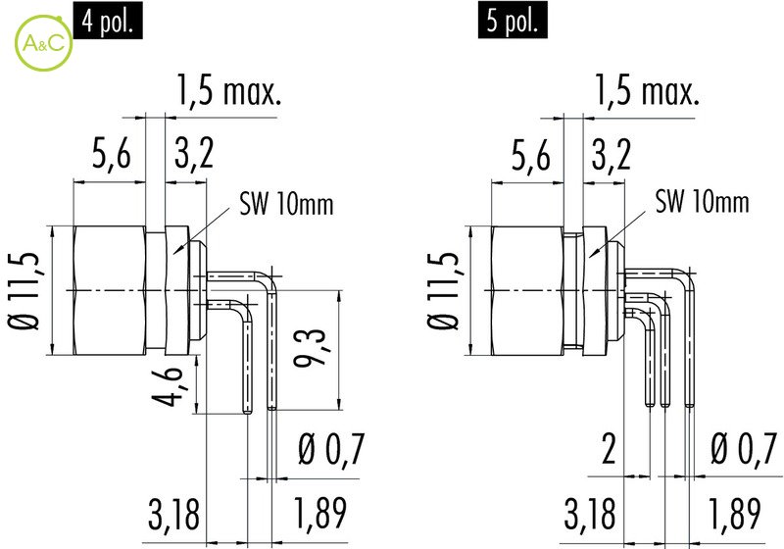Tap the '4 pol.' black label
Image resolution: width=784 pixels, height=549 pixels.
pyautogui.click(x=108, y=20)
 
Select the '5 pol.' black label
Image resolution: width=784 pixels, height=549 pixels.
pyautogui.click(x=513, y=20)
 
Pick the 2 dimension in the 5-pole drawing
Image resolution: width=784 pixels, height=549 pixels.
pyautogui.click(x=609, y=448)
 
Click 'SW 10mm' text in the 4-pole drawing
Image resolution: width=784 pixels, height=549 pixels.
pyautogui.click(x=286, y=204)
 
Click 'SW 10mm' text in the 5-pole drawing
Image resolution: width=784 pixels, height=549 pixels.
pyautogui.click(x=703, y=202)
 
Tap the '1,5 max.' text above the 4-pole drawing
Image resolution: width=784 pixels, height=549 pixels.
pyautogui.click(x=229, y=90)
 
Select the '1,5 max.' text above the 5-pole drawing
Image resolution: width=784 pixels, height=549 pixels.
pyautogui.click(x=646, y=90)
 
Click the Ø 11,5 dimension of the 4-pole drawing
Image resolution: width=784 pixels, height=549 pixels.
pyautogui.click(x=24, y=291)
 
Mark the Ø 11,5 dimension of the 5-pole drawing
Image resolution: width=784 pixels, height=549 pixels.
pyautogui.click(x=443, y=291)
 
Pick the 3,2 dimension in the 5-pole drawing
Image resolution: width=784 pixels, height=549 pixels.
pyautogui.click(x=611, y=154)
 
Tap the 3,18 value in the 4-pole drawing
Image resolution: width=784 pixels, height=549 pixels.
pyautogui.click(x=173, y=514)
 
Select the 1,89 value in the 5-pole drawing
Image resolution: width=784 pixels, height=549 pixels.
pyautogui.click(x=735, y=514)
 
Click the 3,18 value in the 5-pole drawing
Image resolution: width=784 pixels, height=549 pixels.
pyautogui.click(x=590, y=514)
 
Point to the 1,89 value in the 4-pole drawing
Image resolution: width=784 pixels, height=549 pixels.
pyautogui.click(x=320, y=514)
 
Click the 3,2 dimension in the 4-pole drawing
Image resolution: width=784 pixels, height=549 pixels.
pyautogui.click(x=194, y=154)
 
